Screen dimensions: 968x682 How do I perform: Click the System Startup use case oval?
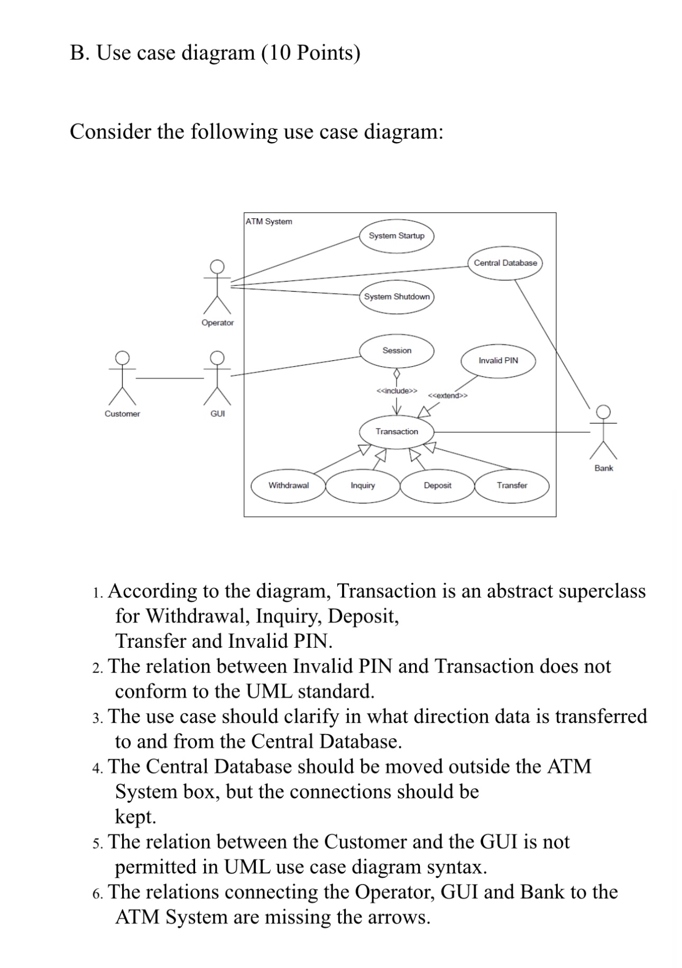point(397,236)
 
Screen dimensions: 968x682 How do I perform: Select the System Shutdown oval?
point(397,296)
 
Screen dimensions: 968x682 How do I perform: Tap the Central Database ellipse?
point(505,263)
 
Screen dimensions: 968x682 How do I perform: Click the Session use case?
point(397,351)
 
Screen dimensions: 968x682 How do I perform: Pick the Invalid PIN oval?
point(498,360)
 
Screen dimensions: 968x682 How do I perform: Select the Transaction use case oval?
point(397,432)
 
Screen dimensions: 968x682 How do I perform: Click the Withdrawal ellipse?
point(288,486)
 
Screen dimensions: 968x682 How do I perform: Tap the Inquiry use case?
point(363,486)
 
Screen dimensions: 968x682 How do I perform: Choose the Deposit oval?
point(437,486)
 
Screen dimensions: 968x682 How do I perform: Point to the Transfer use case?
point(512,486)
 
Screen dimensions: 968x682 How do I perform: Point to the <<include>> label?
point(397,391)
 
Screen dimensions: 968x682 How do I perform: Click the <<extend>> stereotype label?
point(447,396)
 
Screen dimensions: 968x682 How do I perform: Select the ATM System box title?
point(269,221)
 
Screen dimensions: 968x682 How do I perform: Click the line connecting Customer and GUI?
point(169,378)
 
